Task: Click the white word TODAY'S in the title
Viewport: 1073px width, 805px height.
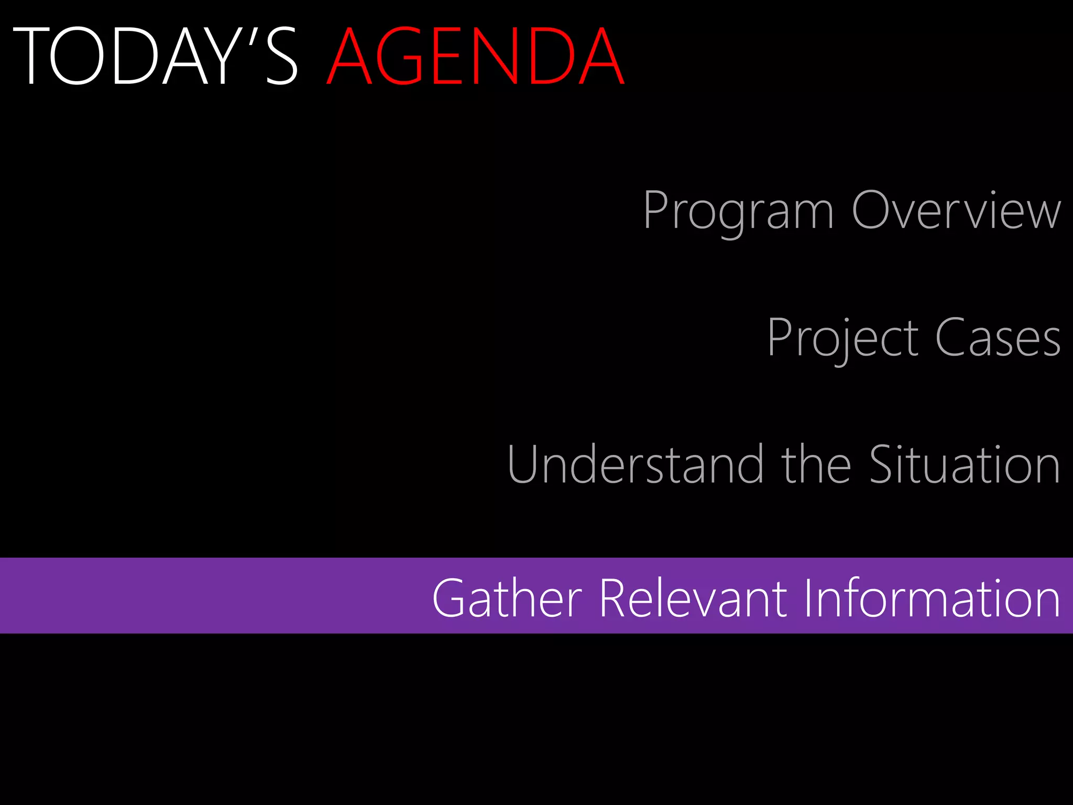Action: click(155, 57)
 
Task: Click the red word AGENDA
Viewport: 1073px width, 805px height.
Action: click(476, 57)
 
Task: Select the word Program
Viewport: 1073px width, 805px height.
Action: click(738, 211)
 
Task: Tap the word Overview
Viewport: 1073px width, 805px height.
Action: click(957, 211)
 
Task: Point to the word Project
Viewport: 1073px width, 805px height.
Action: click(842, 338)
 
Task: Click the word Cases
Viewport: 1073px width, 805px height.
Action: click(998, 338)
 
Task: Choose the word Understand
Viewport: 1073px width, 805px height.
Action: click(635, 464)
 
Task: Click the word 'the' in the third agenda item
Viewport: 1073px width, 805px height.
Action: click(816, 464)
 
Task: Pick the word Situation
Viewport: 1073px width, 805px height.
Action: click(965, 464)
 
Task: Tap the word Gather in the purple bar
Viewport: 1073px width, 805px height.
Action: click(507, 599)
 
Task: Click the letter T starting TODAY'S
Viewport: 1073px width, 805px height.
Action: click(30, 57)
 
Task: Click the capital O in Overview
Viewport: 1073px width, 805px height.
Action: click(872, 210)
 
